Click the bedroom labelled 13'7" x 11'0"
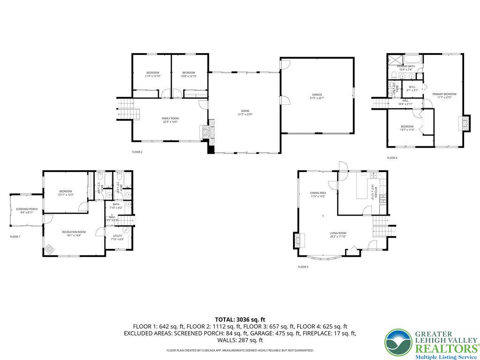[407, 128]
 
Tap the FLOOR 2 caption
[137, 152]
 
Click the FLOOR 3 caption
[303, 267]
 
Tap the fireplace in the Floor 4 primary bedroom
[465, 123]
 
